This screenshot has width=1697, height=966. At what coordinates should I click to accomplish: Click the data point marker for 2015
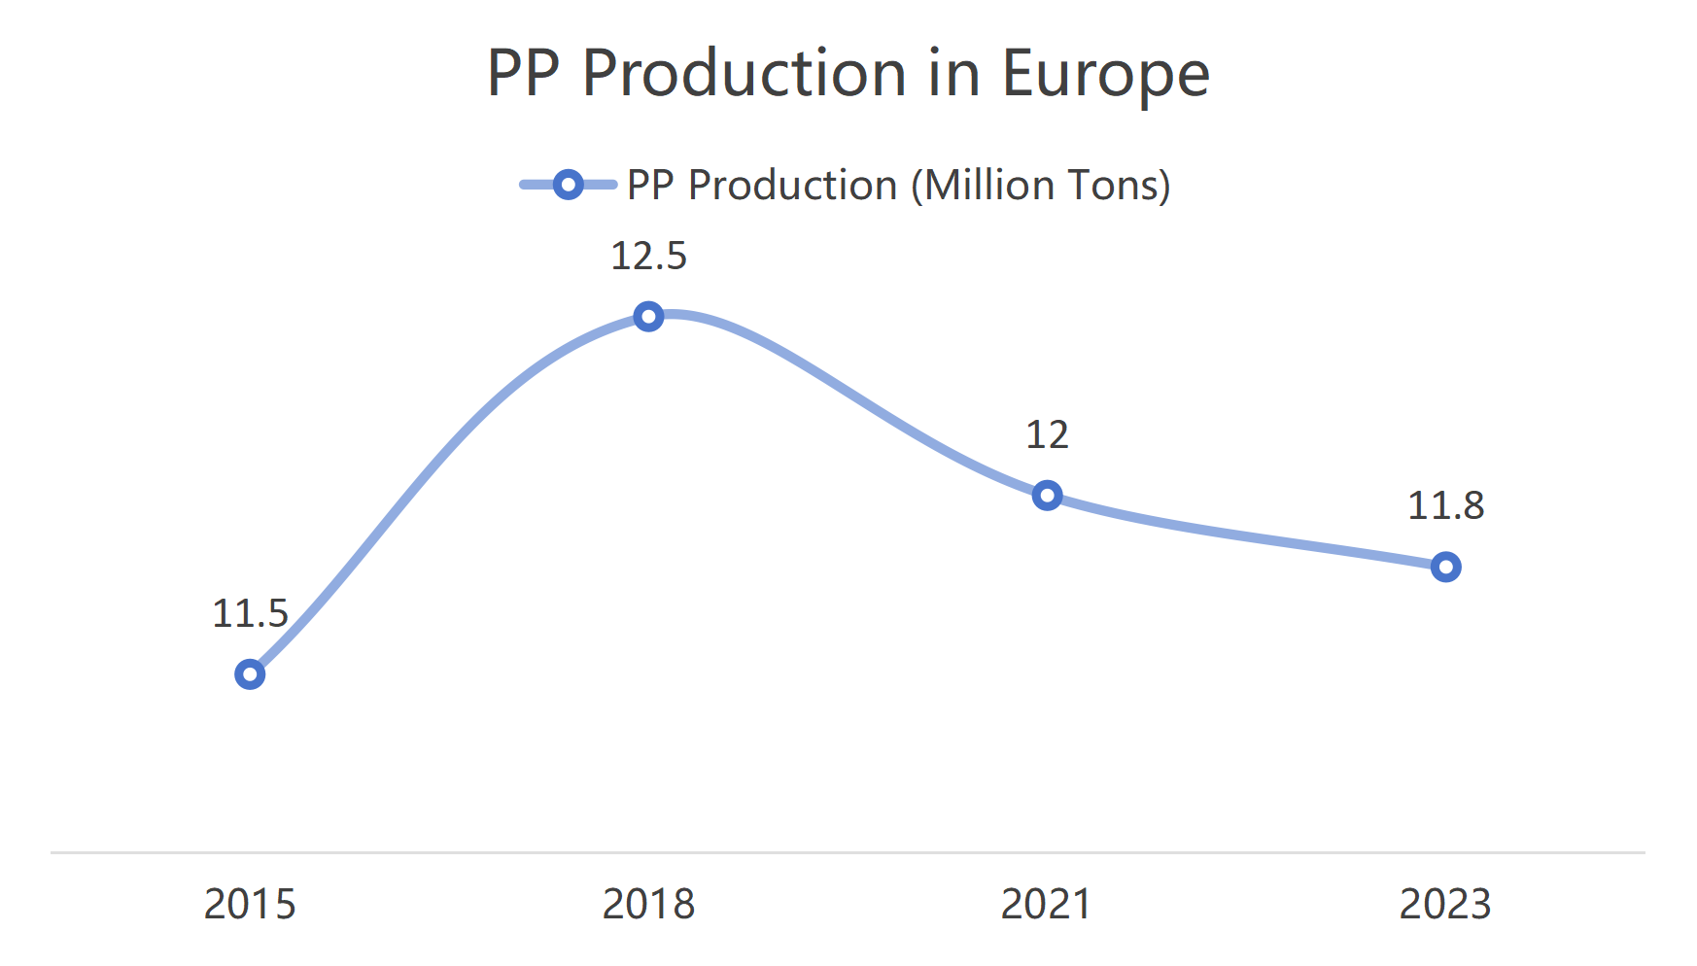pos(250,674)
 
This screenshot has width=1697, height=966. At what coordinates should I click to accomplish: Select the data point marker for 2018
pos(648,317)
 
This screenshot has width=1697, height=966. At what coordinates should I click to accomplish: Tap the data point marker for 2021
pos(1047,496)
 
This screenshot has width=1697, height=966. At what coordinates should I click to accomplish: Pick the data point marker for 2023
pos(1445,568)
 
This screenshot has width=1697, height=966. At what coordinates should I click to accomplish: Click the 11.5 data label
pos(250,613)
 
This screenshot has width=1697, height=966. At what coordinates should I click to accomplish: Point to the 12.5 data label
pos(648,257)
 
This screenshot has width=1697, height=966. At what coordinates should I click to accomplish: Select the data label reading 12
pos(1047,434)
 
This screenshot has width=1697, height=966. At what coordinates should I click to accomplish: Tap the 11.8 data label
pos(1445,505)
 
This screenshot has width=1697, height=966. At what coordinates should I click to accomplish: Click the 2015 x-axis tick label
pos(250,904)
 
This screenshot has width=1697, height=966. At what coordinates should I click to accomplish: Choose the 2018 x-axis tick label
pos(648,904)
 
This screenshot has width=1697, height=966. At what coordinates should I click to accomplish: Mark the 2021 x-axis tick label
pos(1047,904)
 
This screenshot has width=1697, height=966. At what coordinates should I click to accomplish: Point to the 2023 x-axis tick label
pos(1445,904)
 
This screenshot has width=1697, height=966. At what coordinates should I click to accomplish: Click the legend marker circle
pos(568,185)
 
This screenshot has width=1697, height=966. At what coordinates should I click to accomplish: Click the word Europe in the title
pos(1105,74)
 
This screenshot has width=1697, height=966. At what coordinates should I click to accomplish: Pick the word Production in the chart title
pos(745,74)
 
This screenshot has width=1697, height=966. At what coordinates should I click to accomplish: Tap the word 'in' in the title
pos(953,74)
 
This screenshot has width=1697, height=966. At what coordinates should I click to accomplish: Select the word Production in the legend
pos(792,185)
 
